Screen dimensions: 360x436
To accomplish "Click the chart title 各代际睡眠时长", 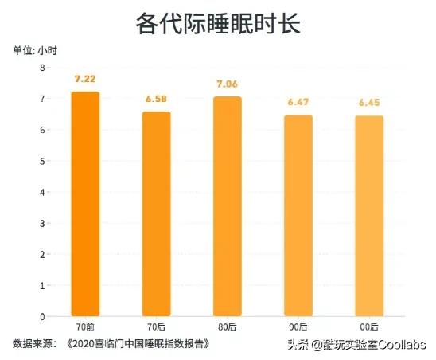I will pyautogui.click(x=217, y=25).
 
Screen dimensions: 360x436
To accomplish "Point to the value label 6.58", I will pyautogui.click(x=157, y=99).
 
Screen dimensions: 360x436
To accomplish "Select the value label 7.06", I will pyautogui.click(x=227, y=83).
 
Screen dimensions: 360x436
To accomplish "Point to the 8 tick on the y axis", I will pyautogui.click(x=43, y=68).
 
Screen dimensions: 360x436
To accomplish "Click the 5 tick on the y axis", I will pyautogui.click(x=43, y=161).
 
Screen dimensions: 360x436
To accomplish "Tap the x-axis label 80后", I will pyautogui.click(x=227, y=327).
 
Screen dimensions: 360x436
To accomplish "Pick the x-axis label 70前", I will pyautogui.click(x=85, y=327).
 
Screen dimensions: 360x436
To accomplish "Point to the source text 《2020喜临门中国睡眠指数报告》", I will pyautogui.click(x=141, y=343).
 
